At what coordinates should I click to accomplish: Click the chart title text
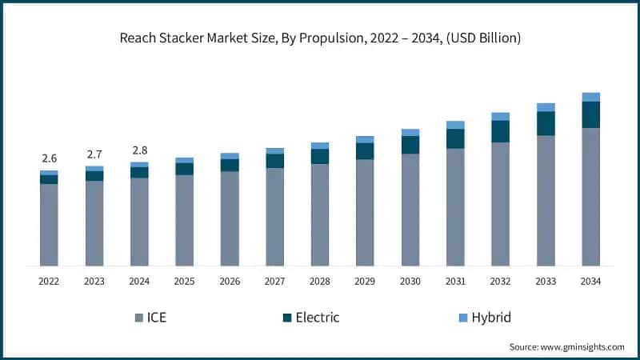coord(320,38)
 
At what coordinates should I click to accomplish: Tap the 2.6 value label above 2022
coord(49,158)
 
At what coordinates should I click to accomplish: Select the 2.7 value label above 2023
coord(94,154)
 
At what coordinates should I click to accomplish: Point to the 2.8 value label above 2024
coord(139,150)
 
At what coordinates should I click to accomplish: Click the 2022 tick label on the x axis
coord(49,282)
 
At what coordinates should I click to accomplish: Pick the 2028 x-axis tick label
coord(320,282)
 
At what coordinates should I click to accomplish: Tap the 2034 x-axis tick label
coord(590,282)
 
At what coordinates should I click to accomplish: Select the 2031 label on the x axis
coord(455,282)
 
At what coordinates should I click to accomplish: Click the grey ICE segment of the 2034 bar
coord(590,196)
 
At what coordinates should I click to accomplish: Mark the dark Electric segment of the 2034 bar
coord(590,114)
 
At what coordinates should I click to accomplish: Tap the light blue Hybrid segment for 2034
coord(590,97)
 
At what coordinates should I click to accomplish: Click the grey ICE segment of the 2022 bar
coord(49,224)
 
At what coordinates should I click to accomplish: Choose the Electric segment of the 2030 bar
coord(410,145)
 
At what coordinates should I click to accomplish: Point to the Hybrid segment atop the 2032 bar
coord(500,117)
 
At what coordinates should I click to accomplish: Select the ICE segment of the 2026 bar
coord(230,218)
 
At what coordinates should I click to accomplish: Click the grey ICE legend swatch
coord(139,318)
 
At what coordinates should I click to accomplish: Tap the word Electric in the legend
coord(318,318)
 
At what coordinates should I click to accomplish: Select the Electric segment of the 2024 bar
coord(139,172)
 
